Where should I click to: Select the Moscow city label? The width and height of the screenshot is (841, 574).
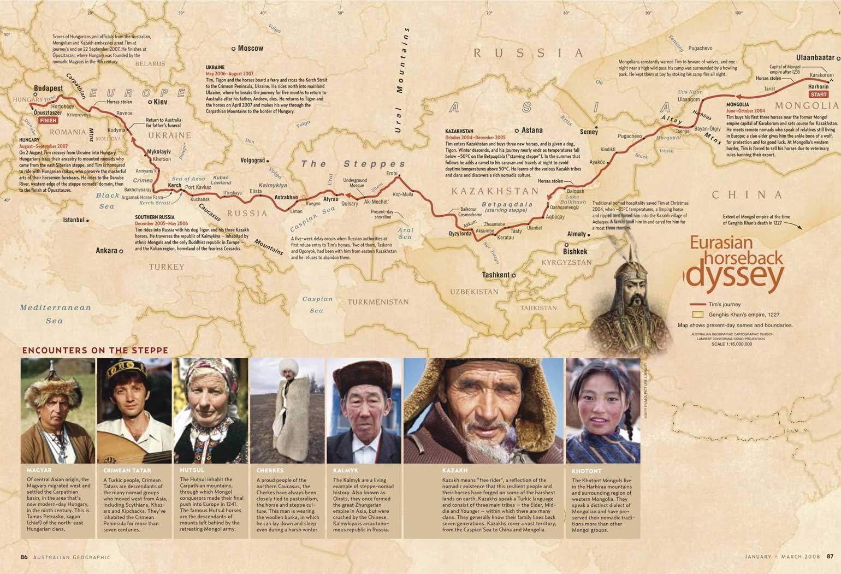tap(250, 49)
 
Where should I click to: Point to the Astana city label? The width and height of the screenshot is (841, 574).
tap(532, 131)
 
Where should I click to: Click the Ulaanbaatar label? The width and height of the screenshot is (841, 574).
tap(815, 57)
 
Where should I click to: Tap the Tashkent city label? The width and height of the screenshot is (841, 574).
tap(496, 275)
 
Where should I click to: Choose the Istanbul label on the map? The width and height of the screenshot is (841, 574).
tap(74, 220)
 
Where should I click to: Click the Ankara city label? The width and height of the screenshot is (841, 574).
tap(106, 251)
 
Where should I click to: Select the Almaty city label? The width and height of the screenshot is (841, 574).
tap(576, 234)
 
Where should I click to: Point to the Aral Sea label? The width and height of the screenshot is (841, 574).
tap(405, 233)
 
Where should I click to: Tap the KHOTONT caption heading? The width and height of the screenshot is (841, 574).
tap(587, 471)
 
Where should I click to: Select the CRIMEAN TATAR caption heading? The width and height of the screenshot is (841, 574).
tap(127, 470)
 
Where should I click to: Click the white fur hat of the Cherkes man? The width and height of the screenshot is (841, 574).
tap(285, 365)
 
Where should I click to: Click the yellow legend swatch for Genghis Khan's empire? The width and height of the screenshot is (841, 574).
tap(697, 315)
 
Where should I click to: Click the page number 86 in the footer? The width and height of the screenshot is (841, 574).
tap(24, 557)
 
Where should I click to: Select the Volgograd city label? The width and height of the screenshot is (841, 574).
tap(252, 161)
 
